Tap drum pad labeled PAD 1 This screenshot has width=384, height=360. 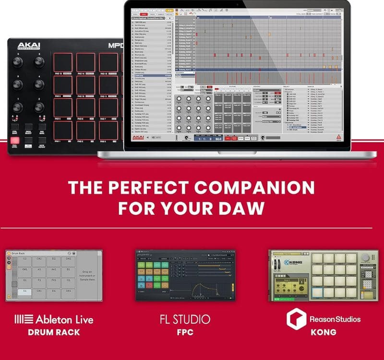tap(63, 131)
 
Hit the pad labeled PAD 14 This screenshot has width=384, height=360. tap(85, 62)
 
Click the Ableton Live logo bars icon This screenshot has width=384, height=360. tap(24, 319)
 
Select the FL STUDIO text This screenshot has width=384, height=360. tap(185, 319)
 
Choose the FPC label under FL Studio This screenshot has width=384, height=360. tap(185, 332)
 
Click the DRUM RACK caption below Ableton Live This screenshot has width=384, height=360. tap(53, 332)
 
